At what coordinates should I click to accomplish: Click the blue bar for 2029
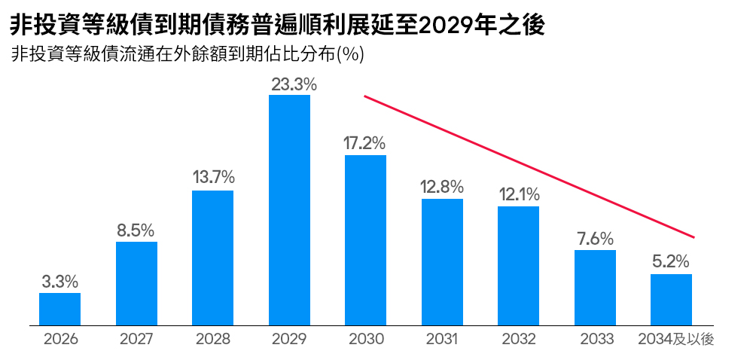[x=290, y=210]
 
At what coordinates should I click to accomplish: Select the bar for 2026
[x=59, y=310]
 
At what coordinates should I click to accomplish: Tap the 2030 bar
[x=366, y=240]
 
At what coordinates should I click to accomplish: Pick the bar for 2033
[x=595, y=288]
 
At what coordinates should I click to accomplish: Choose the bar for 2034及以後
[x=672, y=300]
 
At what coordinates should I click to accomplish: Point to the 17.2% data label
[x=365, y=143]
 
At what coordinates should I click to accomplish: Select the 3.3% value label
[x=60, y=282]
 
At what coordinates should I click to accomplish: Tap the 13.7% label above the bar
[x=213, y=178]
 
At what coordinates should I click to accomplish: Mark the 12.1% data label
[x=519, y=194]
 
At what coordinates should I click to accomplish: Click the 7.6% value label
[x=595, y=239]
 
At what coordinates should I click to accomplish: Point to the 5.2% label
[x=671, y=263]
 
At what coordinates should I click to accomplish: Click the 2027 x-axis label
[x=136, y=340]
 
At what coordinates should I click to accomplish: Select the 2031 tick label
[x=442, y=340]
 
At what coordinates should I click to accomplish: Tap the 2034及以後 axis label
[x=675, y=340]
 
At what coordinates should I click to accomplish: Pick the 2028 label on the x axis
[x=213, y=340]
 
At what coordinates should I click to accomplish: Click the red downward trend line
[x=529, y=166]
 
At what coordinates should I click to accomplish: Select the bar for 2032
[x=518, y=266]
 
